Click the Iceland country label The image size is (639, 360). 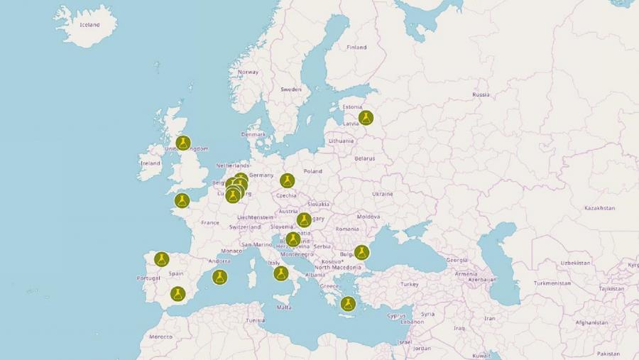(89, 25)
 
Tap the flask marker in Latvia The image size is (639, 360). (366, 118)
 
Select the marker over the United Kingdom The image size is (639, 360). (183, 143)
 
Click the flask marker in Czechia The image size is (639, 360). (287, 181)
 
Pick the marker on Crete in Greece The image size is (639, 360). (347, 304)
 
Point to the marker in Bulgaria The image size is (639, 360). (361, 252)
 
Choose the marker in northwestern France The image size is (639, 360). (182, 201)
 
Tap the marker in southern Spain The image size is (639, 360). (177, 294)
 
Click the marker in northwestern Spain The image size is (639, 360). (162, 259)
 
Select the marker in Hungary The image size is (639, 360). (304, 220)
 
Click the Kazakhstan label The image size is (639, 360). (599, 208)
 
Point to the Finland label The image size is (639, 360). (356, 48)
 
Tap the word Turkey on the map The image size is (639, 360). (410, 284)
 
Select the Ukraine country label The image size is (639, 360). (382, 194)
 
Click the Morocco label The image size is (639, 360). (160, 337)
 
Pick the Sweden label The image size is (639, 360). (290, 89)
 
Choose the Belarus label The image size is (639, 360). (364, 158)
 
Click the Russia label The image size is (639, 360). (481, 94)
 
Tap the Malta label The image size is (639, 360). (284, 307)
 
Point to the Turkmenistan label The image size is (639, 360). (552, 283)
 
